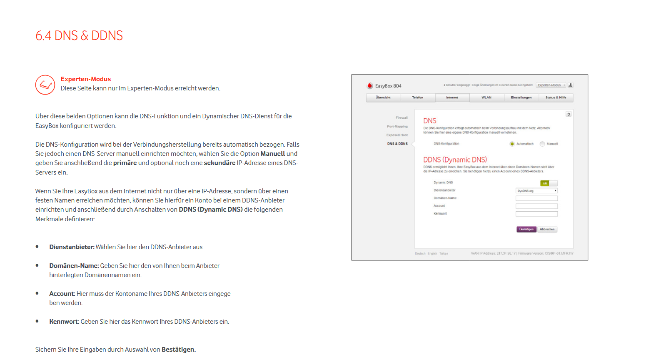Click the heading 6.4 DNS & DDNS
click(x=79, y=36)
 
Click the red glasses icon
click(x=45, y=85)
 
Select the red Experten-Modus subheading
click(x=86, y=79)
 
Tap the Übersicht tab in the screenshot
click(x=383, y=97)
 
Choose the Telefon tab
click(x=418, y=97)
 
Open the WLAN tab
click(x=486, y=97)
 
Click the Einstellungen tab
click(x=521, y=97)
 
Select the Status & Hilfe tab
click(x=556, y=97)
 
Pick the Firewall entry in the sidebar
click(x=402, y=118)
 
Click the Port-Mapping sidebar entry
click(x=397, y=127)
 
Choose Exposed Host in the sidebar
click(x=397, y=135)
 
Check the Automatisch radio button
click(x=512, y=144)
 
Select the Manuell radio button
click(x=542, y=144)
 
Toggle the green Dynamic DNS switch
click(x=549, y=183)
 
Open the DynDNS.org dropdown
click(x=536, y=191)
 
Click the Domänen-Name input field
click(x=536, y=198)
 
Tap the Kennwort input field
click(x=536, y=214)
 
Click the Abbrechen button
click(x=547, y=229)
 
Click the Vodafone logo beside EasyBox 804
click(x=370, y=86)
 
